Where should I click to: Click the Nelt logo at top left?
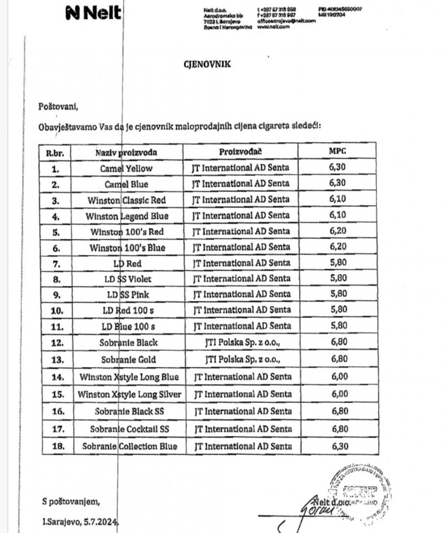[x=93, y=13]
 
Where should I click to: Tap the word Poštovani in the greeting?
[x=58, y=106]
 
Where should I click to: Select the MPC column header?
[x=338, y=151]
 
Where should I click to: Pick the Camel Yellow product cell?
[x=126, y=168]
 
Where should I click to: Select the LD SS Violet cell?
[x=127, y=279]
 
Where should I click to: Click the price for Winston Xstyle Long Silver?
[x=338, y=394]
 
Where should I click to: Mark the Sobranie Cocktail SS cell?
[x=126, y=429]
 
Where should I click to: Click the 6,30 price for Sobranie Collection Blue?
[x=338, y=446]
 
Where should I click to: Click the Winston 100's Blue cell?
[x=127, y=247]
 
